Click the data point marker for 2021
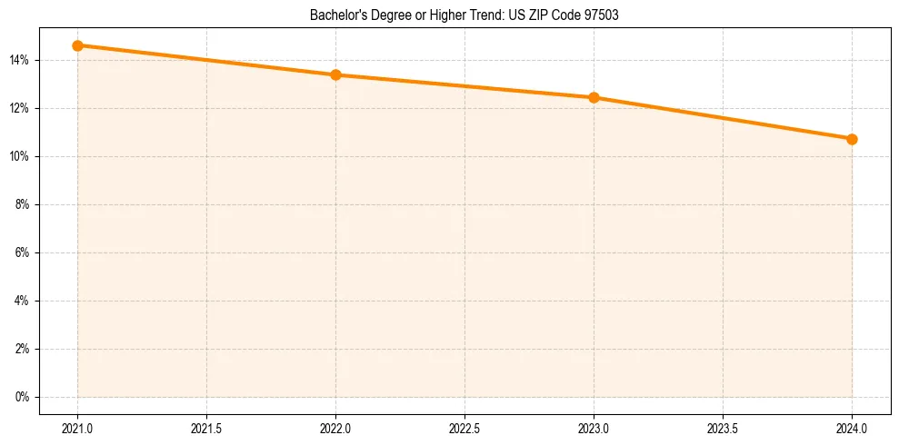coord(78,45)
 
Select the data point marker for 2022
coord(335,74)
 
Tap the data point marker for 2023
coord(594,97)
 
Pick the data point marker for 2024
coord(852,139)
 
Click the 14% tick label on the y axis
coord(20,60)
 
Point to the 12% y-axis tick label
coord(20,108)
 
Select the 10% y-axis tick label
coord(20,156)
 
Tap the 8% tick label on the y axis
coord(23,204)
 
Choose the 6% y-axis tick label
coord(23,252)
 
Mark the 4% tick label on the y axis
coord(23,301)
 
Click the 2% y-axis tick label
coord(23,349)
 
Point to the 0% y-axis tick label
coord(23,397)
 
